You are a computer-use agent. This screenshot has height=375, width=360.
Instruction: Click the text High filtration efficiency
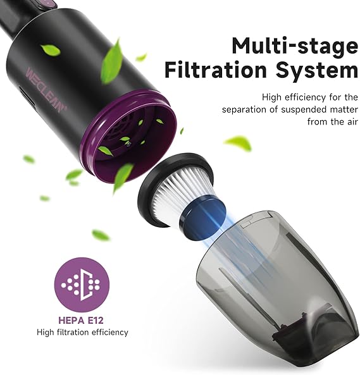tap(82, 332)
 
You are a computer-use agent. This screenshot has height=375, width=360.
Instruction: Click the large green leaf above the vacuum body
tap(112, 59)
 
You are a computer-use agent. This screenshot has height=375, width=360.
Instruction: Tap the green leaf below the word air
tap(239, 143)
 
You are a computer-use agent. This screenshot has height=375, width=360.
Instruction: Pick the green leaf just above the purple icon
tap(100, 235)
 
